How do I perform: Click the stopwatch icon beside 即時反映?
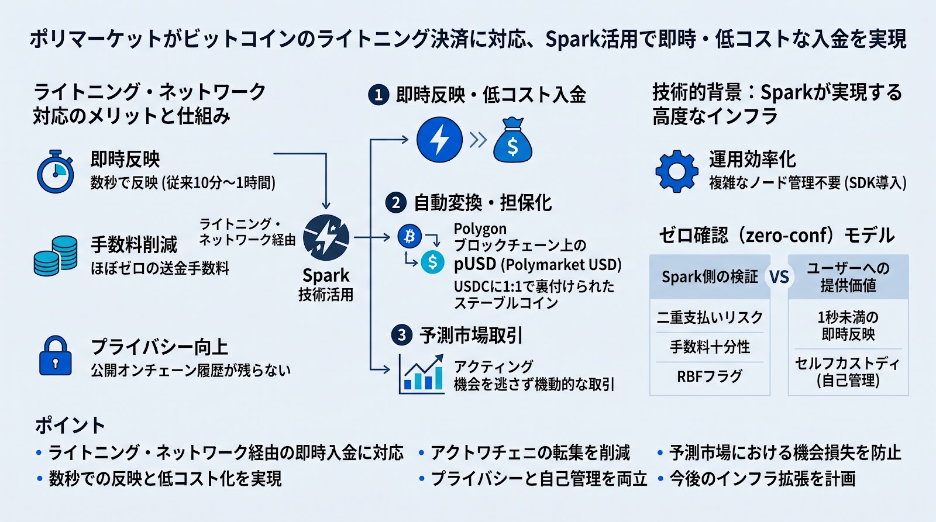(x=56, y=171)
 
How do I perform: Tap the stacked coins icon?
(x=56, y=255)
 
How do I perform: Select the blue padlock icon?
(x=55, y=355)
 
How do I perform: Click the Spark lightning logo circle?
(x=326, y=237)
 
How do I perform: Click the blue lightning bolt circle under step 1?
(x=439, y=140)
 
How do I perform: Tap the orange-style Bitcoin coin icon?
(x=409, y=236)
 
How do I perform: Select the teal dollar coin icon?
(x=432, y=262)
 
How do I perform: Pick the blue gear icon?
(x=677, y=171)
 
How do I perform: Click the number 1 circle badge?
(x=378, y=95)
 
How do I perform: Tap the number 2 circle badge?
(x=395, y=203)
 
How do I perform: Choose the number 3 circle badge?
(x=401, y=335)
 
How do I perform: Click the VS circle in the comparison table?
(x=779, y=277)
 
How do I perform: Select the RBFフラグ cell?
(x=710, y=376)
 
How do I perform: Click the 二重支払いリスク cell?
(x=710, y=317)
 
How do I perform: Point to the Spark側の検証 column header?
(x=710, y=276)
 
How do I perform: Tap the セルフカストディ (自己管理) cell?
(x=848, y=372)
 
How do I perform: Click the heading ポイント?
(x=70, y=426)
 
